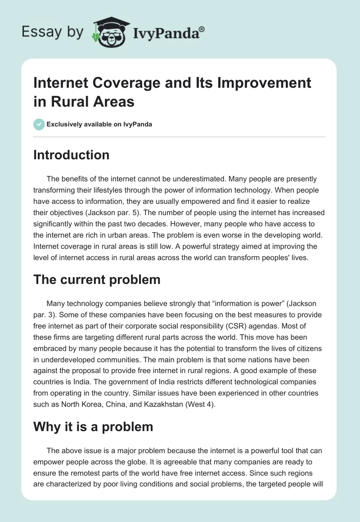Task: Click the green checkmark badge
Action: pyautogui.click(x=39, y=124)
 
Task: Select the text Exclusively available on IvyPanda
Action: pyautogui.click(x=99, y=124)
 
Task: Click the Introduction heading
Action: pyautogui.click(x=72, y=155)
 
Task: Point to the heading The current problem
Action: pyautogui.click(x=97, y=279)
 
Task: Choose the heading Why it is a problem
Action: pyautogui.click(x=94, y=426)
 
